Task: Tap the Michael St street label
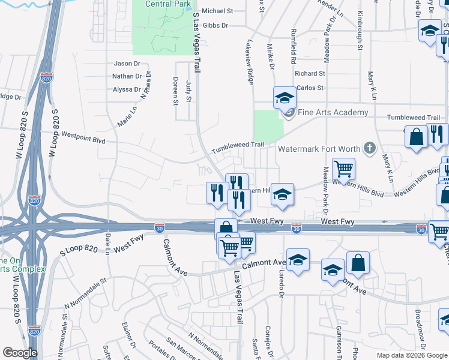(217, 11)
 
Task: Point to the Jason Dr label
(127, 64)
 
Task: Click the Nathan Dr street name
(127, 76)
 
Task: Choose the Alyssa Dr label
(127, 89)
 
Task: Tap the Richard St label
(310, 73)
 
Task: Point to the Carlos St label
(310, 87)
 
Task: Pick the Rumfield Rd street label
(294, 46)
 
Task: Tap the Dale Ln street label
(108, 243)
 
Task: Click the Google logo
(20, 353)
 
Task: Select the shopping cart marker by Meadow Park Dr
(343, 169)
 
